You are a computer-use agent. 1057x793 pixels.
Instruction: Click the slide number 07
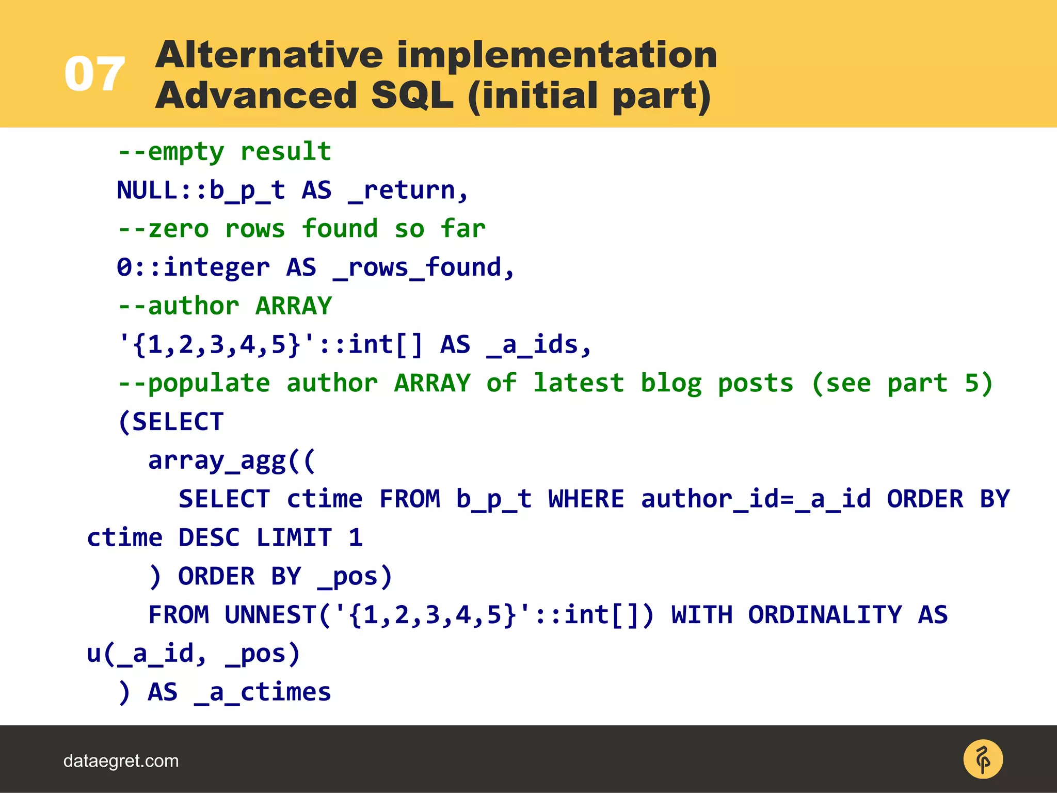tap(94, 74)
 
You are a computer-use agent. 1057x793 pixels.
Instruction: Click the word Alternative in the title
tap(269, 55)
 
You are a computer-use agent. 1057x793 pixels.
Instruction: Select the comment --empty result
tap(225, 152)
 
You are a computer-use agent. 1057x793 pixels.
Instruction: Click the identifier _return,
tap(408, 191)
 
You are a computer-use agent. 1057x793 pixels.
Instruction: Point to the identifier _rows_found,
tap(424, 267)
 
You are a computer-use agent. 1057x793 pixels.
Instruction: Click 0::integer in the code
tap(193, 267)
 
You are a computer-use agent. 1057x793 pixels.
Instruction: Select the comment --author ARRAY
tap(225, 306)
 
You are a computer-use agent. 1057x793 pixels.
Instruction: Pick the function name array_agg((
tap(231, 461)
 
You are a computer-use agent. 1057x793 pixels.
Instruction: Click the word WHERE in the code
tap(586, 499)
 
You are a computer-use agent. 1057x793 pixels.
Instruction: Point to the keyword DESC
tap(209, 538)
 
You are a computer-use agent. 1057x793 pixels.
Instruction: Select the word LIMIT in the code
tap(294, 538)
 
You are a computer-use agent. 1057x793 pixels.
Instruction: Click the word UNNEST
tap(270, 615)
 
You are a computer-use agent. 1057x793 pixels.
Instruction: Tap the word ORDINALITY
tap(825, 615)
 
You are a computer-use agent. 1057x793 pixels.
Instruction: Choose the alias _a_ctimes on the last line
tap(263, 692)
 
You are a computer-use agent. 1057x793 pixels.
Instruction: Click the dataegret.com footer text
tap(121, 761)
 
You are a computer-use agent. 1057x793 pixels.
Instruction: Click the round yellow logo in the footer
tap(983, 759)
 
